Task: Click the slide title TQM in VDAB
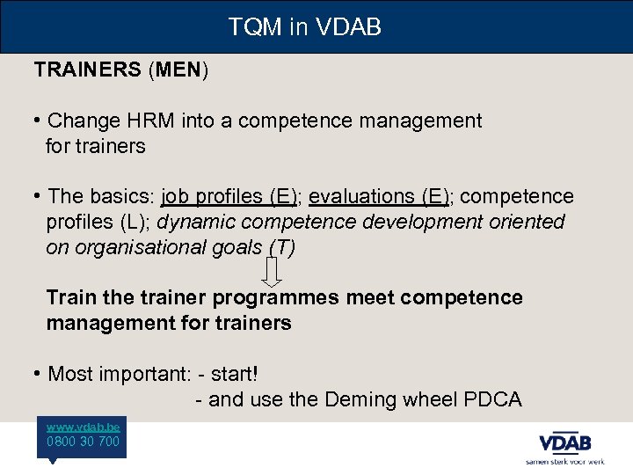tap(304, 27)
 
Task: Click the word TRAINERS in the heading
tap(86, 70)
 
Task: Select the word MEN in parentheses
tap(179, 70)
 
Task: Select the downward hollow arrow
tap(273, 273)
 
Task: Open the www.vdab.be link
tap(83, 426)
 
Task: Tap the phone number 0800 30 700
tap(83, 442)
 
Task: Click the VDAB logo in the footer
tap(564, 442)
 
